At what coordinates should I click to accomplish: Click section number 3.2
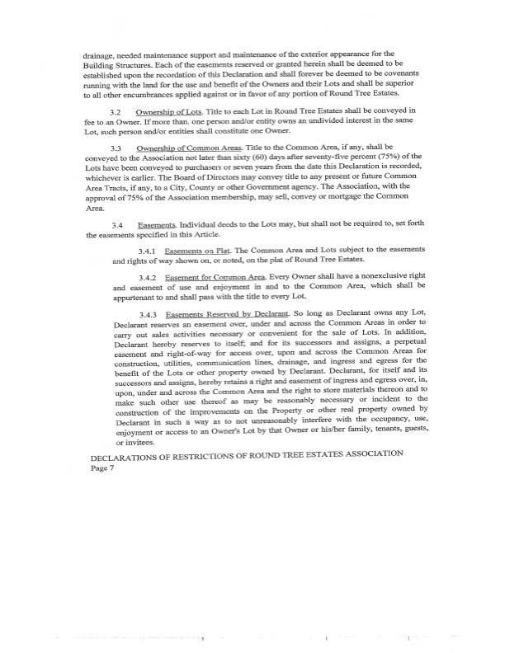pyautogui.click(x=116, y=110)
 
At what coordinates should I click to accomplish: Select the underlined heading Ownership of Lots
pyautogui.click(x=169, y=110)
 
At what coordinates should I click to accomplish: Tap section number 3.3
pyautogui.click(x=116, y=147)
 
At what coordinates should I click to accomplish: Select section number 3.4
pyautogui.click(x=116, y=225)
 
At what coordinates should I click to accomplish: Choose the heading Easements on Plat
pyautogui.click(x=195, y=249)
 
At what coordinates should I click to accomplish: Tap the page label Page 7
pyautogui.click(x=102, y=467)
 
